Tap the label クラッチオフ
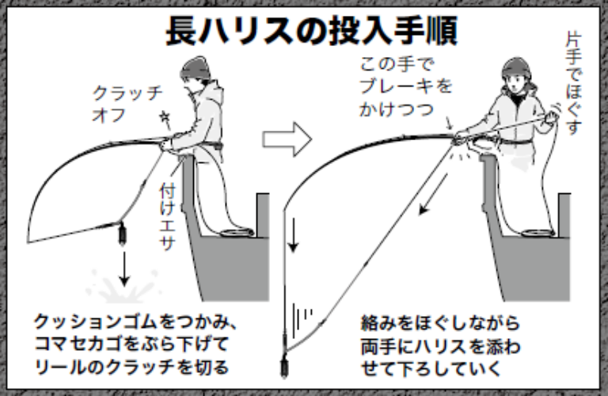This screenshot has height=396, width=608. [118, 103]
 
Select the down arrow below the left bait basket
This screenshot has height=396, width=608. [123, 270]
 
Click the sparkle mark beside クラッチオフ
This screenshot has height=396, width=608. [165, 119]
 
